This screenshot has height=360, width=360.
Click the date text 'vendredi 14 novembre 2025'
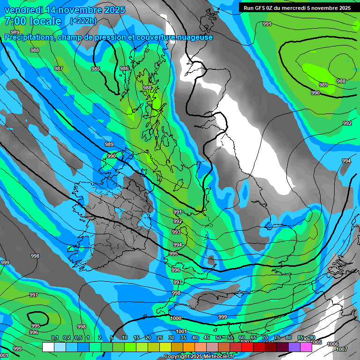pos(65,10)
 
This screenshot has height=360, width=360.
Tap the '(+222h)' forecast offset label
pos(83,21)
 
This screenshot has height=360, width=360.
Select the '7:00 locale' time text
pos(33,21)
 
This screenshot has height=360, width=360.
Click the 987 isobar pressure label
pos(58,68)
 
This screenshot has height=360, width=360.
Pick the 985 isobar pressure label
pos(96,69)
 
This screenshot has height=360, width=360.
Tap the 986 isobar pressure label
pos(124,68)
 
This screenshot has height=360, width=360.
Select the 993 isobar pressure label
pos(176,232)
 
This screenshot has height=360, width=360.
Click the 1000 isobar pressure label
pos(176,318)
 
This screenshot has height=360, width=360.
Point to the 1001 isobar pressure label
pos(181,331)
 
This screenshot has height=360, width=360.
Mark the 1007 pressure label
pos(342,349)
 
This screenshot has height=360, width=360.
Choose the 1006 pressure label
pos(332,344)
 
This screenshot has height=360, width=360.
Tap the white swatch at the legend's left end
pos(48,347)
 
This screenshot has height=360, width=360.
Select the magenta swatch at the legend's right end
pos(306,347)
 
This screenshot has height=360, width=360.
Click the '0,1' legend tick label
pos(54,338)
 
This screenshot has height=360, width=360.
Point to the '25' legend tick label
pos(159,338)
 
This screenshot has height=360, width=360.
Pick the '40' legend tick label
pos(195,338)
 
